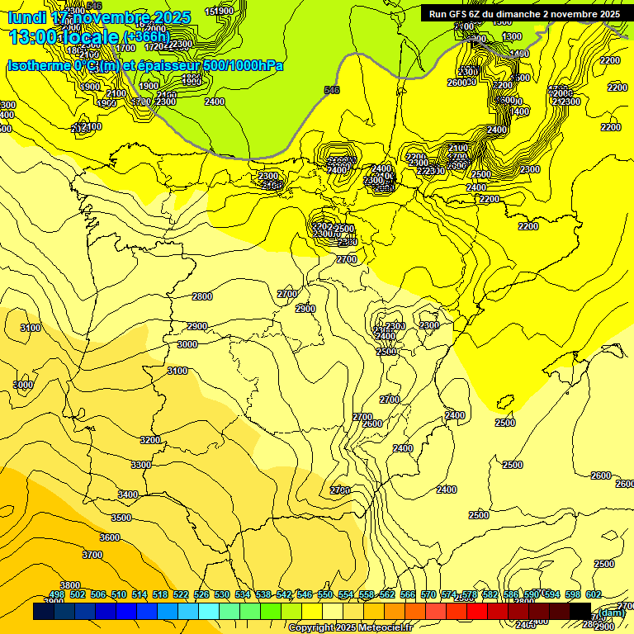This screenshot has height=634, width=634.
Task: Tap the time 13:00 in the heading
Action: point(33,36)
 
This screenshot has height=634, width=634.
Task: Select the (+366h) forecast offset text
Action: point(146,36)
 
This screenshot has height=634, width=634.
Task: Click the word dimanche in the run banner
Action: point(523,14)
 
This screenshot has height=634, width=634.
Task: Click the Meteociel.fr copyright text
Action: point(350,628)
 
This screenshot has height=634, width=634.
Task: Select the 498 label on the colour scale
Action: point(57,594)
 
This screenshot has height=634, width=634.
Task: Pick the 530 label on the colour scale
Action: point(222,594)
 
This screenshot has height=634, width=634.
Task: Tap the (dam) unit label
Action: point(612,613)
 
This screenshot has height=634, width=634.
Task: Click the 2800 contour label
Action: point(202,296)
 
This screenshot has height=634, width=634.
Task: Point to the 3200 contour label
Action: point(150,440)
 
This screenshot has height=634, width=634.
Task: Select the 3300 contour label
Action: point(141,465)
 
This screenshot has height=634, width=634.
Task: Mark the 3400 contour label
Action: point(128,494)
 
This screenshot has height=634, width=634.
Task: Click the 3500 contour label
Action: point(121,518)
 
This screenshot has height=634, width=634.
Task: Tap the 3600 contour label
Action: point(110,537)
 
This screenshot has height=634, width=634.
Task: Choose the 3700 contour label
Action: point(92,555)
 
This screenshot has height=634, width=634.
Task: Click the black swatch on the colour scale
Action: point(580,612)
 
